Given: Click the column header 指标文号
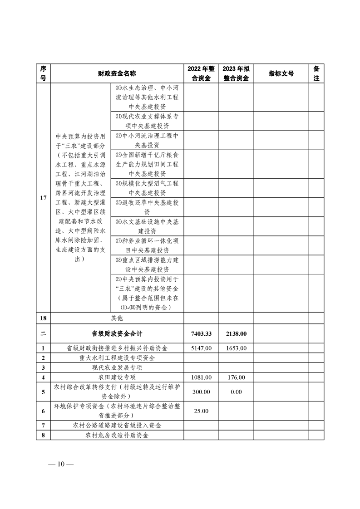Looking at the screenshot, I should [x=281, y=73].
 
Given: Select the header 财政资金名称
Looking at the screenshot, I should [x=117, y=73].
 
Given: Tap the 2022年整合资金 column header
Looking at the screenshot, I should [x=201, y=73].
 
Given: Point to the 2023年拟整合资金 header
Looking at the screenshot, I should [x=236, y=73].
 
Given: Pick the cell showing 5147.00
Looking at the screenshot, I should [x=201, y=348].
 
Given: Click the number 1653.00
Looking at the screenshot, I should [x=236, y=348].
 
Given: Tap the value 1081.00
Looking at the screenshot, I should [x=201, y=377].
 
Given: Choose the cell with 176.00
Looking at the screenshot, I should [x=236, y=377].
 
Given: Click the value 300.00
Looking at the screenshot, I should [x=201, y=391].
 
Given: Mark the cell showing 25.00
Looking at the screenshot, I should [x=201, y=411].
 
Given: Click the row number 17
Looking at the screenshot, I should [x=43, y=198].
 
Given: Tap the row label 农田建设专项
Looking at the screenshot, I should [x=117, y=377].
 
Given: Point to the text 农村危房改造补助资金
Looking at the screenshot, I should [x=117, y=435].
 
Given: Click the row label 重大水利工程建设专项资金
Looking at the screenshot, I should [x=117, y=358].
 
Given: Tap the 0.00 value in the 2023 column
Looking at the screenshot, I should [x=236, y=391].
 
